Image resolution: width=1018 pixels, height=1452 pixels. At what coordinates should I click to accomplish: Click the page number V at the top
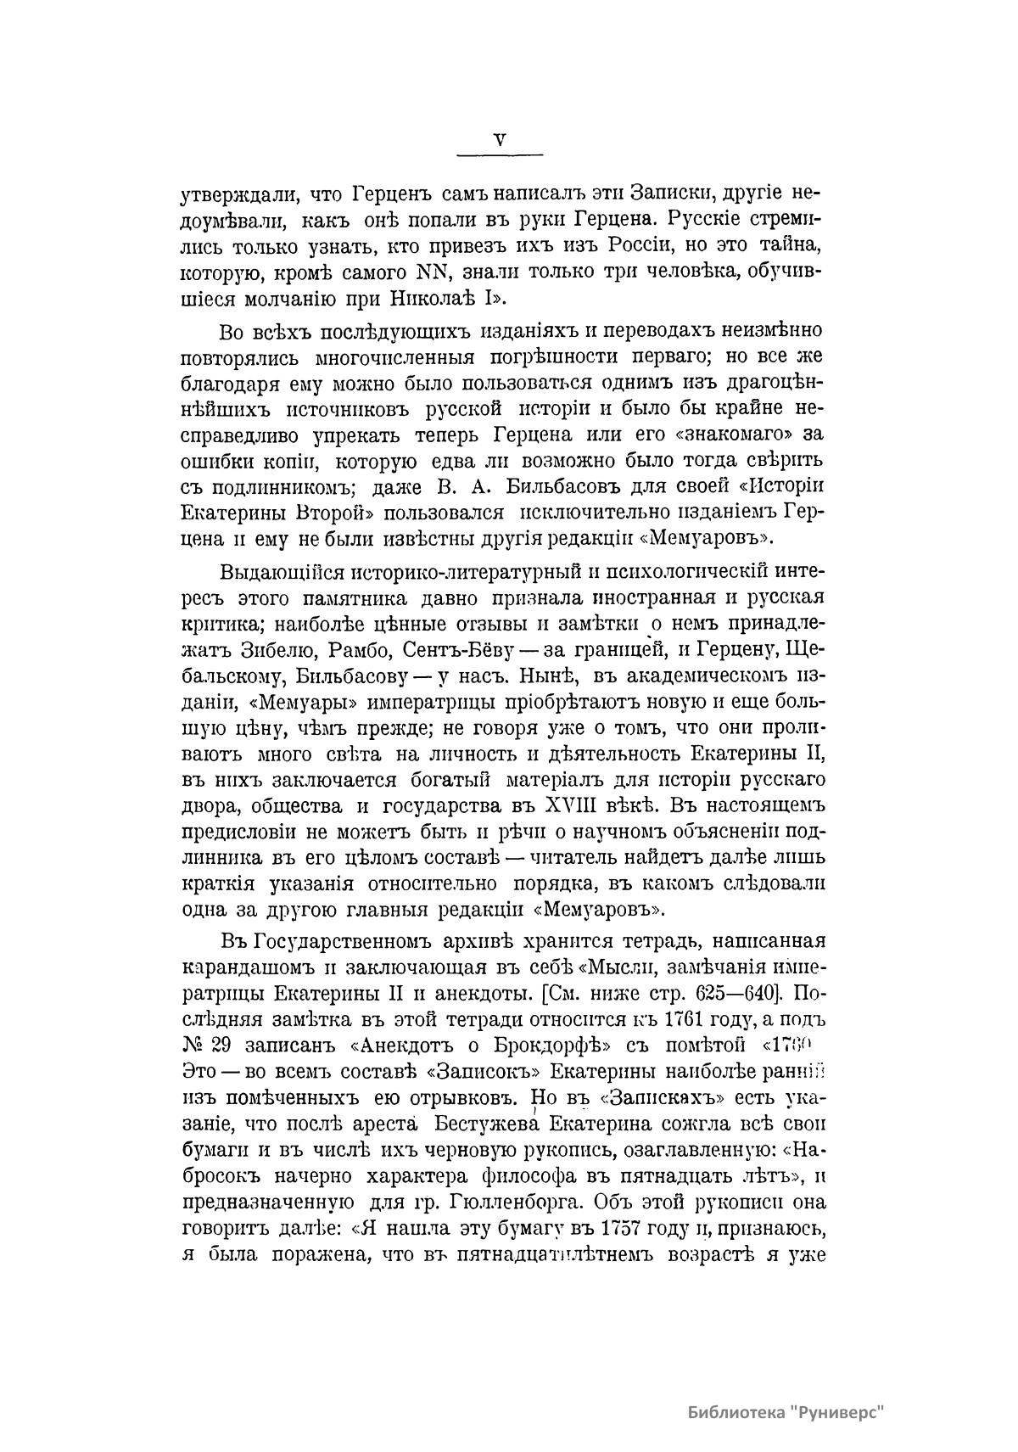tap(500, 140)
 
